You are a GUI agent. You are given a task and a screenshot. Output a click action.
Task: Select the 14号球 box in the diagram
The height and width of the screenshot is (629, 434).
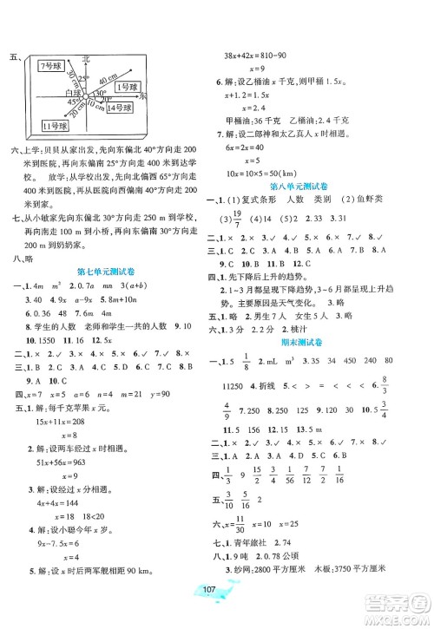click(x=119, y=107)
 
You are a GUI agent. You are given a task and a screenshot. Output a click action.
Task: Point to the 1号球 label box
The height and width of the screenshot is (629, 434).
click(x=128, y=87)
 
